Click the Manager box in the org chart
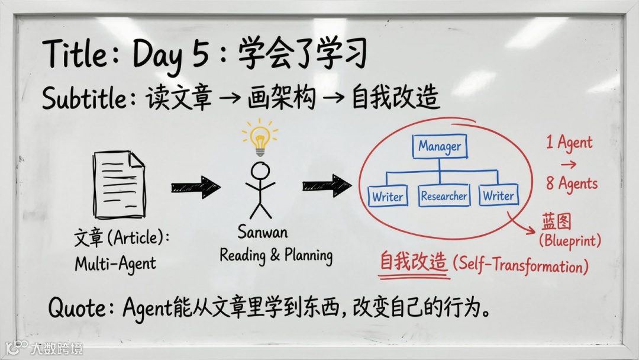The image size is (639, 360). point(440,146)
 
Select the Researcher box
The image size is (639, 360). point(444,196)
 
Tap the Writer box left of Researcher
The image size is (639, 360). point(388,197)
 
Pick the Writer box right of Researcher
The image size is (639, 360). point(498,195)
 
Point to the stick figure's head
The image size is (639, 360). point(260,171)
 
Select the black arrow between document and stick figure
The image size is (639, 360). point(195,187)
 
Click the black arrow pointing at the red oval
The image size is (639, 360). point(327,186)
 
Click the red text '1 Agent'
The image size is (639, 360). point(569,143)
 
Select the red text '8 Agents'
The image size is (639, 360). point(571,184)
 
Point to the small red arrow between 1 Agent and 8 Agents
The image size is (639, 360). point(568,164)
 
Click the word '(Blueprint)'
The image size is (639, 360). point(570,242)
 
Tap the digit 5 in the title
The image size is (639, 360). point(201,55)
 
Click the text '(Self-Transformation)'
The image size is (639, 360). point(520,265)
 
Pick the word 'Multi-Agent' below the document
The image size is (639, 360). point(115,263)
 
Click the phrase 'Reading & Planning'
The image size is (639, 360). point(276,255)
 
